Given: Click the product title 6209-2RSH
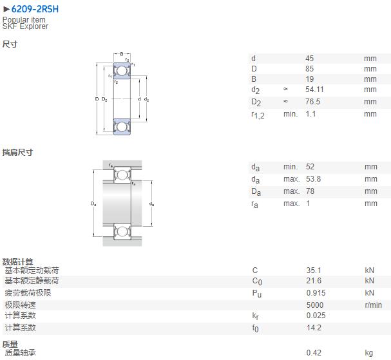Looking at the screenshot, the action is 35,9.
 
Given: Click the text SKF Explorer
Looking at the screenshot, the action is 25,26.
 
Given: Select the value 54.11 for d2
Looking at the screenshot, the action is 314,90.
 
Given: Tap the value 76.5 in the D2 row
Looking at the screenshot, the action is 312,102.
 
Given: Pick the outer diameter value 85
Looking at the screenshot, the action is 309,69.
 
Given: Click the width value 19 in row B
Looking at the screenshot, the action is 309,79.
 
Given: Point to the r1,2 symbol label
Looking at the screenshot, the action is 258,115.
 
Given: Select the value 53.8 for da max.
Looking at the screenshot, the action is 313,179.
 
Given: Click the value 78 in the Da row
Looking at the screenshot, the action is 310,191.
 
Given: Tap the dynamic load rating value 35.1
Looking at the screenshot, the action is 314,270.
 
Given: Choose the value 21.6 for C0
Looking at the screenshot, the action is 314,281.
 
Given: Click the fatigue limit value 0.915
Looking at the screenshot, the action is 316,292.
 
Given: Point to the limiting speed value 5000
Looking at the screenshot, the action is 315,305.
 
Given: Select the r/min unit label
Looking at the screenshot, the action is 374,305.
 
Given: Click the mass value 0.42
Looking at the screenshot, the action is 314,353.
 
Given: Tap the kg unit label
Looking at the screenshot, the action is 369,353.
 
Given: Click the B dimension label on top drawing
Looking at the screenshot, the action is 122,54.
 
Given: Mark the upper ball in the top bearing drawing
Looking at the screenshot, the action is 122,71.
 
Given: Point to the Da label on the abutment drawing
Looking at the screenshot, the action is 93,204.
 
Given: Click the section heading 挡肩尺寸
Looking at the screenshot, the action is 17,152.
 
